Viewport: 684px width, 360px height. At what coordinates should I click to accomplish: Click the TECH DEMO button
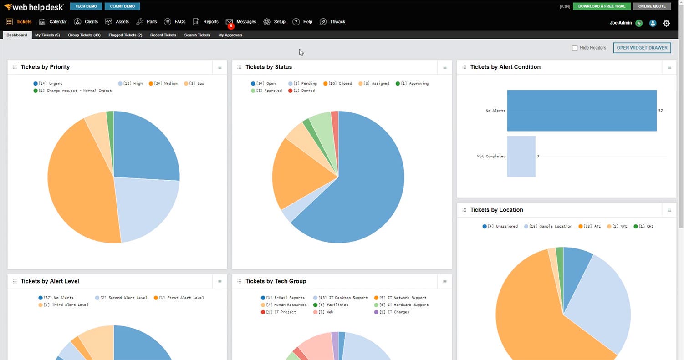(x=86, y=6)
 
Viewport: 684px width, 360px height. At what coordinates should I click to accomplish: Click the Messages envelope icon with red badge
(x=229, y=22)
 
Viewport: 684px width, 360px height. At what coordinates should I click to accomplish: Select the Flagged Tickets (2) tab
(x=125, y=35)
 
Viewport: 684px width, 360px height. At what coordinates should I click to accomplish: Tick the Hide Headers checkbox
(x=575, y=48)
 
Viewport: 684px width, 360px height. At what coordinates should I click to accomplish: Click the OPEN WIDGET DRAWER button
(x=642, y=48)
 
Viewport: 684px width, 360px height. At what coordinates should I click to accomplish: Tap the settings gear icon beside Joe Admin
(x=666, y=23)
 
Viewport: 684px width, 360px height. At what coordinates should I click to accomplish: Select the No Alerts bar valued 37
(x=582, y=111)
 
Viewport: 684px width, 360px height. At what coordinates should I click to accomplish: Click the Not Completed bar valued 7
(x=521, y=157)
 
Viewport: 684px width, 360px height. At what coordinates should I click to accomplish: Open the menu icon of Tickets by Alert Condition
(x=669, y=67)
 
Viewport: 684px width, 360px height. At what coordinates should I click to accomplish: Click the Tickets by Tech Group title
(x=276, y=281)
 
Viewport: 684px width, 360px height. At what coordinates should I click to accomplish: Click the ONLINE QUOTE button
(x=652, y=6)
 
